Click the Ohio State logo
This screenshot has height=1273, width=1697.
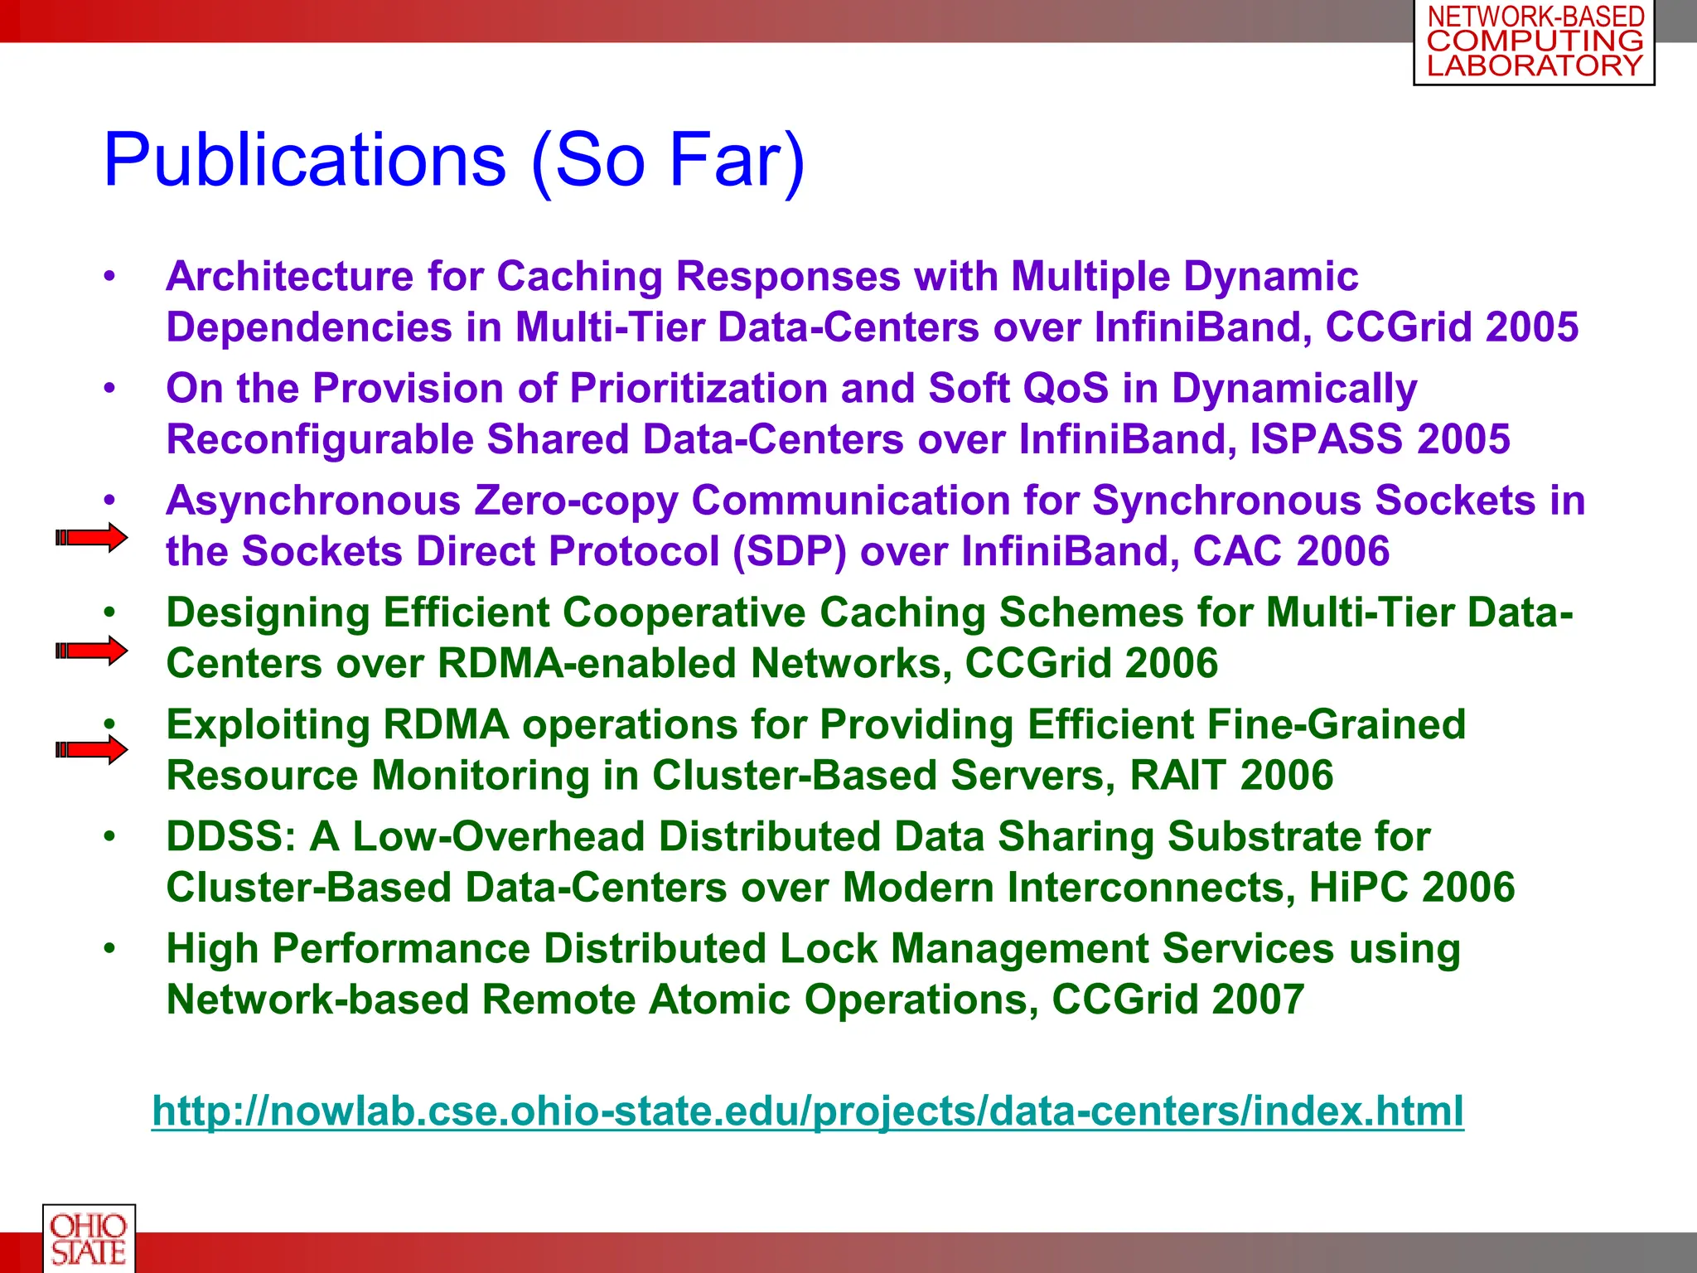pyautogui.click(x=89, y=1238)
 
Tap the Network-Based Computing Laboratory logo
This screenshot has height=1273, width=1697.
pyautogui.click(x=1534, y=41)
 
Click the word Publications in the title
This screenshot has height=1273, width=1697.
pyautogui.click(x=304, y=160)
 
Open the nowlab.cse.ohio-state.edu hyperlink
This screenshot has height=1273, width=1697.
pyautogui.click(x=808, y=1111)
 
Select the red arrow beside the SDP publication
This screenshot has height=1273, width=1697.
pyautogui.click(x=91, y=538)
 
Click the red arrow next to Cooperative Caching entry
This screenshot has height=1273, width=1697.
pyautogui.click(x=91, y=651)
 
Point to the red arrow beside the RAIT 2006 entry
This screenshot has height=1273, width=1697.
pyautogui.click(x=91, y=750)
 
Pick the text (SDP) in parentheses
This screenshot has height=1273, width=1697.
pyautogui.click(x=790, y=552)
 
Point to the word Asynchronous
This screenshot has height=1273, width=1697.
pyautogui.click(x=313, y=501)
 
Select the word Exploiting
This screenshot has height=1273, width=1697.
pyautogui.click(x=268, y=725)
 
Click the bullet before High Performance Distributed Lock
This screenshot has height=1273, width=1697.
pyautogui.click(x=109, y=947)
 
